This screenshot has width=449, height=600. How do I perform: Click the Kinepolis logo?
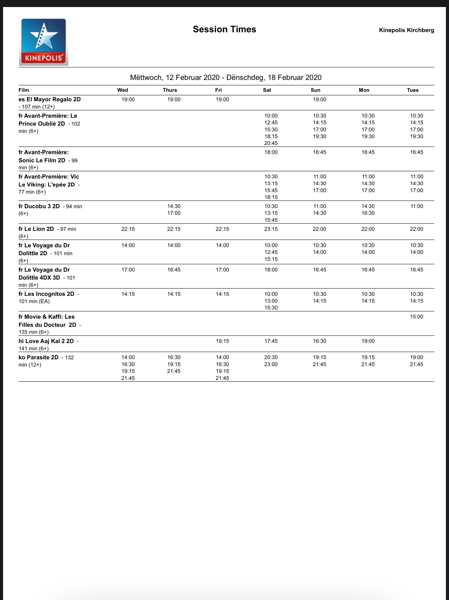click(44, 42)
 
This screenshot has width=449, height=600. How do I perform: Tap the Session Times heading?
click(224, 29)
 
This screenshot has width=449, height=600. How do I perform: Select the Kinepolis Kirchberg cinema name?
click(406, 30)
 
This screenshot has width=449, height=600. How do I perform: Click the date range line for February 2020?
click(226, 78)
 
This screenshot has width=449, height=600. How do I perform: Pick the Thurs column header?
click(170, 90)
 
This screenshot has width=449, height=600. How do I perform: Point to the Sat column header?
click(267, 90)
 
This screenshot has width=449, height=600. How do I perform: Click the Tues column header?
click(412, 90)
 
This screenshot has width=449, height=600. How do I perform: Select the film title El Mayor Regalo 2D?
click(50, 99)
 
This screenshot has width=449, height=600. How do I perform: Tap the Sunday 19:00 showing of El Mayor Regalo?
click(319, 99)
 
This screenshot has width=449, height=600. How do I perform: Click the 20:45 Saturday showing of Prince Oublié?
click(271, 143)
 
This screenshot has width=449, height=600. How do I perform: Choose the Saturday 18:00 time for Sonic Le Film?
click(271, 152)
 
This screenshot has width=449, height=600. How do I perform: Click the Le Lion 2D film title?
click(36, 229)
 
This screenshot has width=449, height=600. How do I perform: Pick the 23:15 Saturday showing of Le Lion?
click(271, 229)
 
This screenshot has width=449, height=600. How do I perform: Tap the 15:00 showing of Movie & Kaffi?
click(416, 316)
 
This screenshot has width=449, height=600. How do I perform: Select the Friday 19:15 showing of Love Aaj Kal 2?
click(222, 341)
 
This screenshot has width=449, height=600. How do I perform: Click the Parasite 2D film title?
click(38, 357)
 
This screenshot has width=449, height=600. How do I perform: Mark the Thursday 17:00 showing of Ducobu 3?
click(174, 213)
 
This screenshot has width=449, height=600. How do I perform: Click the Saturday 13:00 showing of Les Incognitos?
click(271, 301)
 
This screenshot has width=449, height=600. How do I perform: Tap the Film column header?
click(24, 90)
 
